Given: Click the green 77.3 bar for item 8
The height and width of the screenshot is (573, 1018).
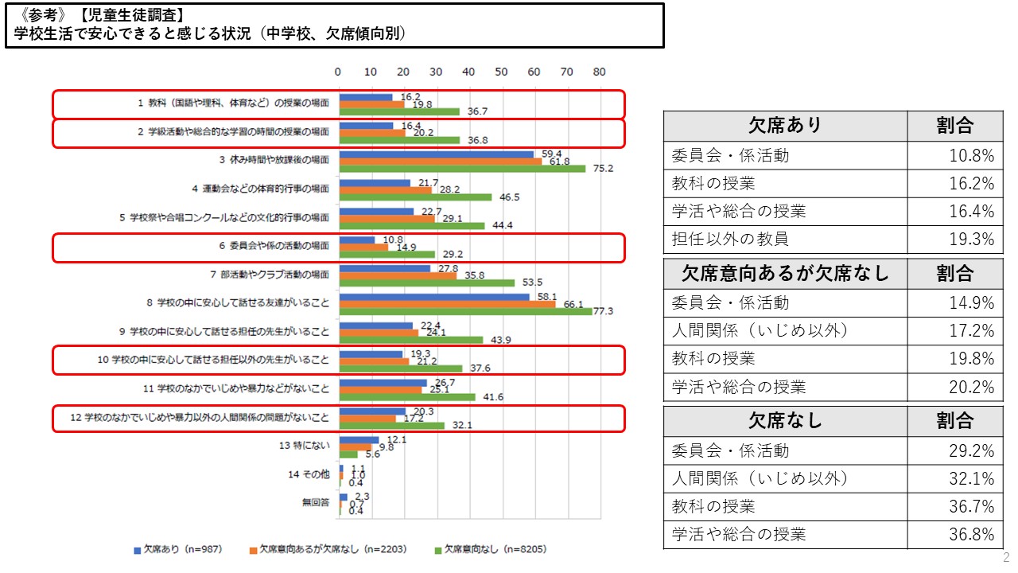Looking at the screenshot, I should [x=465, y=311].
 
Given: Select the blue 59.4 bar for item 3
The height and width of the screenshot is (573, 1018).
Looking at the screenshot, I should [x=436, y=154].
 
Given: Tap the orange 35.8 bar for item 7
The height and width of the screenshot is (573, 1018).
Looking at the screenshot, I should [x=398, y=275].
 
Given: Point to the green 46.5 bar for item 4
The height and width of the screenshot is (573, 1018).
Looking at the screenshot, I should [x=415, y=197].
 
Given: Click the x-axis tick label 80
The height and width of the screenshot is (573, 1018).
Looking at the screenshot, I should [x=599, y=72].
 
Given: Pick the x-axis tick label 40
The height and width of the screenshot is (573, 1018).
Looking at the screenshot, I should [x=468, y=72].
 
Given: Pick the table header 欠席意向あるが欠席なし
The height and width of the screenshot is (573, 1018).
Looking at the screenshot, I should [x=785, y=274].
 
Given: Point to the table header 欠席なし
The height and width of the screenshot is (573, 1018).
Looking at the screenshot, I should [x=785, y=420].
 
